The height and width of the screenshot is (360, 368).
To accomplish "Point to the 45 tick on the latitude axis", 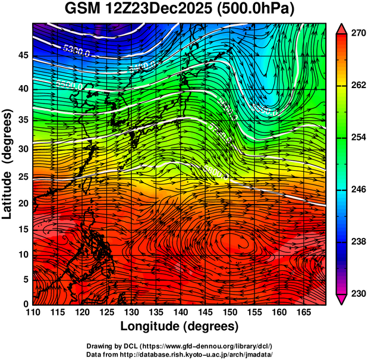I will click(x=23, y=56).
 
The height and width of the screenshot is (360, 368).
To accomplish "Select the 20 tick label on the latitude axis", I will click(x=23, y=204).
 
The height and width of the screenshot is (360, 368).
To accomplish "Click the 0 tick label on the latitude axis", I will click(x=26, y=304).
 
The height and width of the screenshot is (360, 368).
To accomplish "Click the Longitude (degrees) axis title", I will click(x=180, y=326).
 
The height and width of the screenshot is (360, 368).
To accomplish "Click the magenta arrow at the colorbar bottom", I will click(x=342, y=299).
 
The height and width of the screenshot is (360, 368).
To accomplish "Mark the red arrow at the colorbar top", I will click(x=342, y=28).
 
